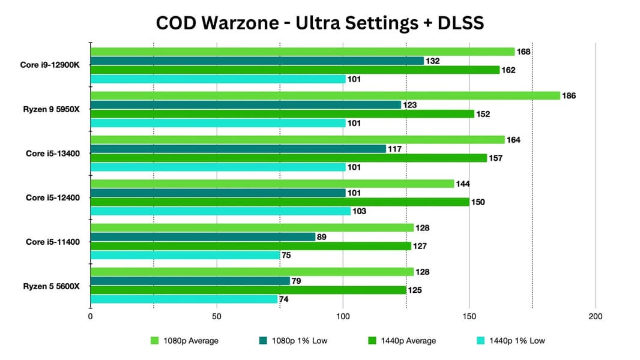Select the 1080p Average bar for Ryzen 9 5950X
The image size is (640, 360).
click(x=325, y=95)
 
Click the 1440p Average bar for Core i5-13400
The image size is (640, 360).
click(x=288, y=158)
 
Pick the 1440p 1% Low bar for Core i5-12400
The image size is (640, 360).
click(x=220, y=211)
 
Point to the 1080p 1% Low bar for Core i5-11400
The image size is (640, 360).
click(x=203, y=237)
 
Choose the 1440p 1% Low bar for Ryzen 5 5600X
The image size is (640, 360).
click(x=184, y=299)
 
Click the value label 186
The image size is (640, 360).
click(x=569, y=96)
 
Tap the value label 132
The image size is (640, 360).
click(x=433, y=61)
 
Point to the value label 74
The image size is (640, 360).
click(x=284, y=299)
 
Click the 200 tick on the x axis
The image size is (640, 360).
click(x=596, y=317)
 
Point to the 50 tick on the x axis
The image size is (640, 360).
click(x=217, y=317)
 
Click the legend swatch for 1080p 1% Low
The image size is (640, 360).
click(x=262, y=341)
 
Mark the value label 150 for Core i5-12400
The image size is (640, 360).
click(x=478, y=202)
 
